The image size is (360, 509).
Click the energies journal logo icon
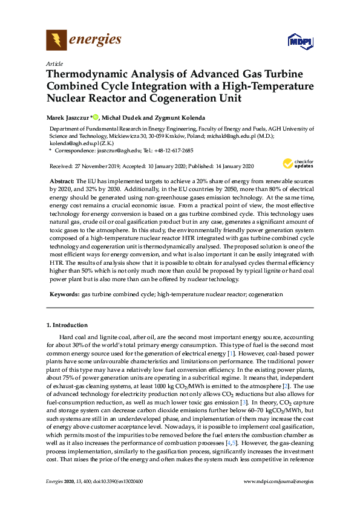(57, 41)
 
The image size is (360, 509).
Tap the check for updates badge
(293, 163)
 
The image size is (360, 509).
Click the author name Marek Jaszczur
(68, 117)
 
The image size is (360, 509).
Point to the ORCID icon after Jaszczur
(95, 117)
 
